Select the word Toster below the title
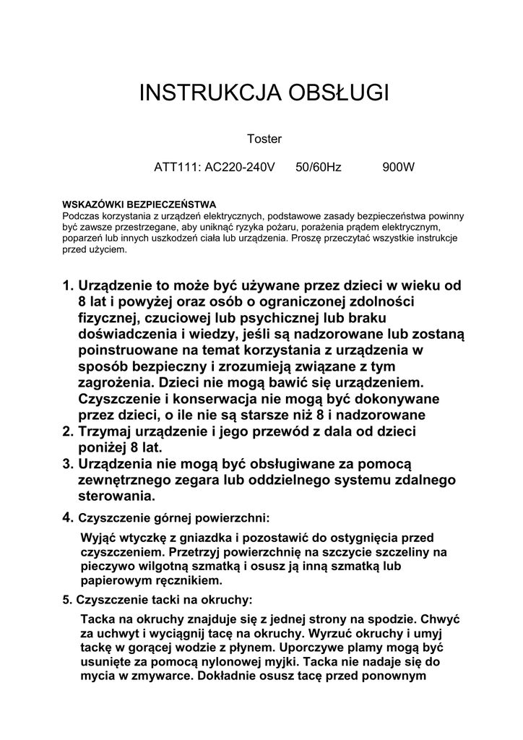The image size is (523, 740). click(264, 139)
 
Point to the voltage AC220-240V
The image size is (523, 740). click(241, 168)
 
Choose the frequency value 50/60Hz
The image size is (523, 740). click(319, 168)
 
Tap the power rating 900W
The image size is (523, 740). click(399, 168)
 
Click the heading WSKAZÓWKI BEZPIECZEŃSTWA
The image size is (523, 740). click(139, 205)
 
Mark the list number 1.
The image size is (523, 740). click(68, 285)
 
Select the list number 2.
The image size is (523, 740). click(68, 431)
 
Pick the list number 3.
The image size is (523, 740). click(68, 463)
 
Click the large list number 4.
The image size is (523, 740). click(68, 517)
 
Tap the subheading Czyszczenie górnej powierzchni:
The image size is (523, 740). click(173, 518)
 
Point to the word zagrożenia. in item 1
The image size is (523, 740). click(118, 382)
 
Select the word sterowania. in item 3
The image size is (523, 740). click(116, 496)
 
